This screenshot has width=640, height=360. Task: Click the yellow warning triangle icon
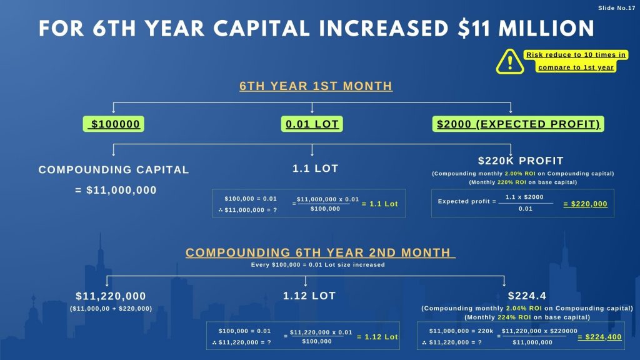[511, 61]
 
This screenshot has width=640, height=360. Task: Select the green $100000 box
[112, 124]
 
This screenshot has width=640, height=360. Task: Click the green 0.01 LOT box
[312, 124]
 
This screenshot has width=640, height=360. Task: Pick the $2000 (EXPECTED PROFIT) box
[518, 124]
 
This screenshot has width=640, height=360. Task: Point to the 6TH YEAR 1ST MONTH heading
[316, 86]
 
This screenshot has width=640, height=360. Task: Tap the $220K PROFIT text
[521, 161]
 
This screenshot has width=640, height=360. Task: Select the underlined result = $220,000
[585, 204]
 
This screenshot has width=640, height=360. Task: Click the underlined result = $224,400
[599, 337]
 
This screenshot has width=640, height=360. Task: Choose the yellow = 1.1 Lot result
[379, 204]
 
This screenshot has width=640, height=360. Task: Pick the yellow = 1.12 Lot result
[377, 337]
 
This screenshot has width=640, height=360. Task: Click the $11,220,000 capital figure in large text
[111, 296]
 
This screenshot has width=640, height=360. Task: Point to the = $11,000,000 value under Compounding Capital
[116, 190]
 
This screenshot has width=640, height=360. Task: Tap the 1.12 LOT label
[309, 296]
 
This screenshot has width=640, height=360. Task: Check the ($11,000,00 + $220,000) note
[111, 308]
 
